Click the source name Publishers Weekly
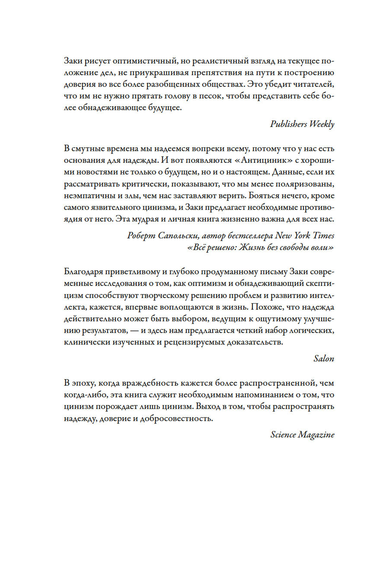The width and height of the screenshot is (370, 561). click(x=302, y=124)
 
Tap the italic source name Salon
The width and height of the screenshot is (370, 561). click(x=324, y=359)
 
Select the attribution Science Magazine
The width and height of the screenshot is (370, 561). click(x=302, y=435)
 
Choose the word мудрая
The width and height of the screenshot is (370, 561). click(x=144, y=219)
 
